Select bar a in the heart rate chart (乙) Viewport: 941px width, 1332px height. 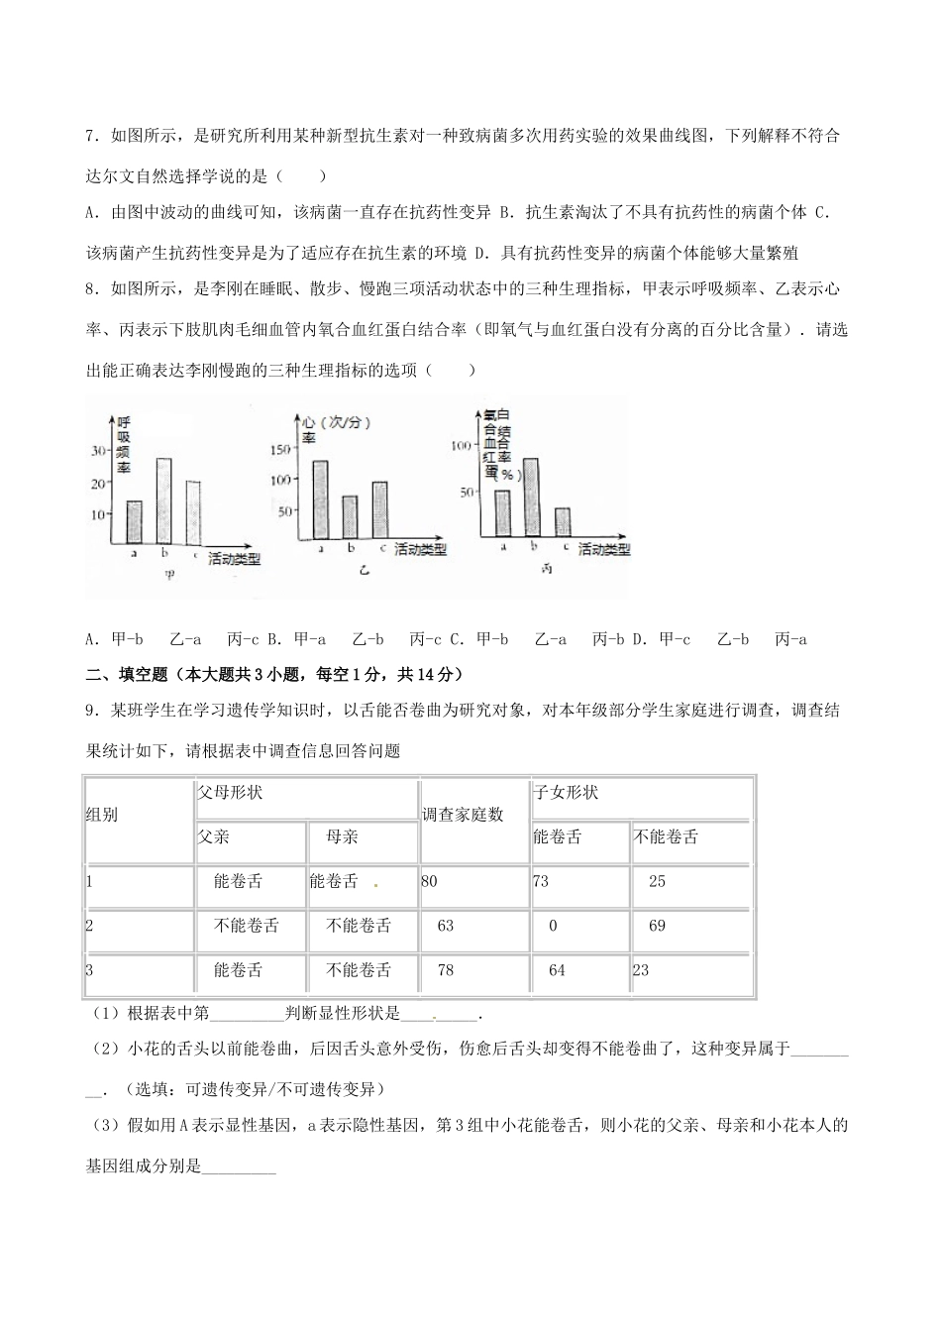tap(320, 499)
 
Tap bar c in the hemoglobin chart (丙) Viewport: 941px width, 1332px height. tap(563, 522)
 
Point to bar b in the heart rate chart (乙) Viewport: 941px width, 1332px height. tap(350, 516)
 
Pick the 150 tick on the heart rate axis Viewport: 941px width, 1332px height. tap(281, 451)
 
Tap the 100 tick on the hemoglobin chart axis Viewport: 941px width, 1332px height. tap(461, 446)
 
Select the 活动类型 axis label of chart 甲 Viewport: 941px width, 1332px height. tap(235, 559)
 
